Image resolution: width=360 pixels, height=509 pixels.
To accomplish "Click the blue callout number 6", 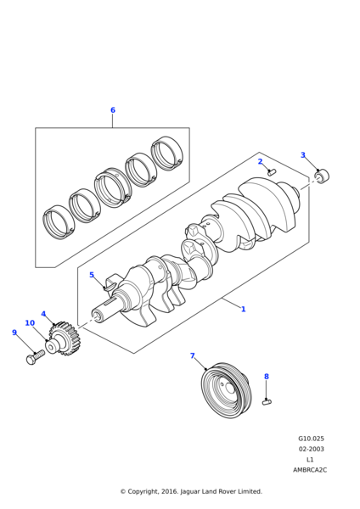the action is [x=113, y=110].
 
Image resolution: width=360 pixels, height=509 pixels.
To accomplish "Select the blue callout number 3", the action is [x=303, y=155].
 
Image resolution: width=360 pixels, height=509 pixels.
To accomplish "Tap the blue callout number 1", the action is [x=243, y=309].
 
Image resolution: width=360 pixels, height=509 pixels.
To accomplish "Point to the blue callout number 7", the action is [x=193, y=355].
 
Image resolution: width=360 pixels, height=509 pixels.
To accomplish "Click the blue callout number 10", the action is [x=30, y=323].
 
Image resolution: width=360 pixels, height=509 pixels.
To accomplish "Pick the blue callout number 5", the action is [x=92, y=275].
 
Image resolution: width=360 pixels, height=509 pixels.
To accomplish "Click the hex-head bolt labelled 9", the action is [x=35, y=357].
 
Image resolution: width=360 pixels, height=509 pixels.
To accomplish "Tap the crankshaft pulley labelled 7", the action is [x=226, y=390].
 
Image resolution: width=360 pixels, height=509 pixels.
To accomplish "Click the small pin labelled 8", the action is [x=267, y=402].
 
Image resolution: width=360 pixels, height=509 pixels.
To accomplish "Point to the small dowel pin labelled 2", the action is [x=272, y=171].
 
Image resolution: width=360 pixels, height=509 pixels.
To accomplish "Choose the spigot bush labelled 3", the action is [x=322, y=176].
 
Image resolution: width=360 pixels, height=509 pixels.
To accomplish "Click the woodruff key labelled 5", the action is [x=110, y=287].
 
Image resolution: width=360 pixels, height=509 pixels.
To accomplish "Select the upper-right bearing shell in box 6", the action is [x=167, y=153].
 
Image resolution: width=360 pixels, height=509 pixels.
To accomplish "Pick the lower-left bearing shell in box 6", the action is [x=59, y=222].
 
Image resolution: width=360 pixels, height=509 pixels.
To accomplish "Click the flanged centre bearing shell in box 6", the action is [x=113, y=188].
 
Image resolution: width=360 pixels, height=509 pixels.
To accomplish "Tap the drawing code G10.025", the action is [x=311, y=439].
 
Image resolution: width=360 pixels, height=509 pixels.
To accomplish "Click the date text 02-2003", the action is [x=312, y=449].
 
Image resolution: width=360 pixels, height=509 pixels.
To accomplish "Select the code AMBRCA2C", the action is [x=310, y=470].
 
